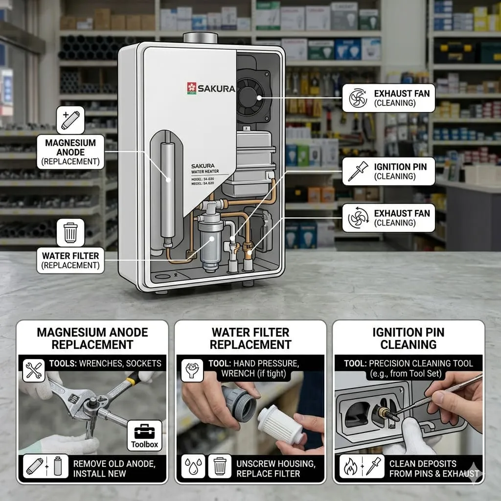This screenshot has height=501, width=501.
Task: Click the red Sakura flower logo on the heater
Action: [192, 88]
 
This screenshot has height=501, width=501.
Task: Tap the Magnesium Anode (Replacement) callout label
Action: [70, 152]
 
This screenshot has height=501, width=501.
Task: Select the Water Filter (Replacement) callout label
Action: [70, 260]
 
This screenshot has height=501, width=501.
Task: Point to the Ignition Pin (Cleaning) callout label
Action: [388, 171]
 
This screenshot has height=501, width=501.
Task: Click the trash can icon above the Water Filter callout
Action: [70, 232]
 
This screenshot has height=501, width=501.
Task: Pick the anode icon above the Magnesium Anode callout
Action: [70, 120]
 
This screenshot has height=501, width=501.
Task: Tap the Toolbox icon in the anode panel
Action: [144, 435]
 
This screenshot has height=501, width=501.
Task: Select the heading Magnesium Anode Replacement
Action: [92, 339]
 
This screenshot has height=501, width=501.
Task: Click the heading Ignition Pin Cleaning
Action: [409, 339]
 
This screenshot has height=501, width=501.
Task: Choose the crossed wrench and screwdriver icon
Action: [34, 371]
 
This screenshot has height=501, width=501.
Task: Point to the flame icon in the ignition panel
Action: [350, 467]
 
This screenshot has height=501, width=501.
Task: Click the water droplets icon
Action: [193, 467]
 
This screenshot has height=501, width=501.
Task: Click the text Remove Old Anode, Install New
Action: [114, 468]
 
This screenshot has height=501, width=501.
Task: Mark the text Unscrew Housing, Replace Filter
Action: [276, 468]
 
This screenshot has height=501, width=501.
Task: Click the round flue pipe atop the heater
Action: [200, 38]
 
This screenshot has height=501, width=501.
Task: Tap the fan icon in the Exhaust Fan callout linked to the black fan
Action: [358, 98]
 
